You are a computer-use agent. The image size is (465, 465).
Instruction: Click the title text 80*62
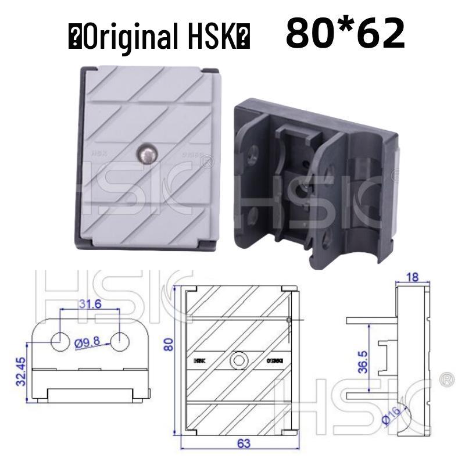[345, 34]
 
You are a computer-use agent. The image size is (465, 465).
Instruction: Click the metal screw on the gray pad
[145, 154]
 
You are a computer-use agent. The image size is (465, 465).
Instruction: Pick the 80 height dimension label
[169, 344]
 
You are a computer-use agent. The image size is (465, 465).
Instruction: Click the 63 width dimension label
[244, 443]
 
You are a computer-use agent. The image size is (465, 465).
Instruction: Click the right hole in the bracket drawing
[120, 341]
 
